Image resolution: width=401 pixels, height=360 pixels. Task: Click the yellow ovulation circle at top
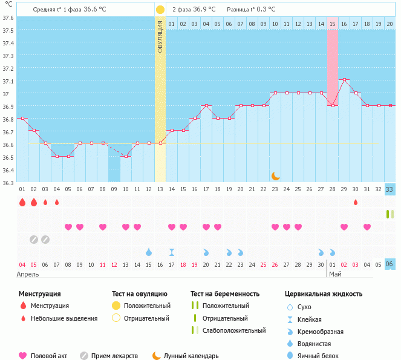pyautogui.click(x=160, y=10)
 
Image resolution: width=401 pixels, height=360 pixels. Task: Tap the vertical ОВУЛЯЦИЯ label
pyautogui.click(x=160, y=36)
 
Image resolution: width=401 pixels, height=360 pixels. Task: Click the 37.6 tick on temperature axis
pyautogui.click(x=8, y=17)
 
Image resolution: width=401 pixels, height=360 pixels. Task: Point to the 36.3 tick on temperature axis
pyautogui.click(x=8, y=182)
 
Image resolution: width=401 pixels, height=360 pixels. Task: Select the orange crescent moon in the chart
pyautogui.click(x=275, y=175)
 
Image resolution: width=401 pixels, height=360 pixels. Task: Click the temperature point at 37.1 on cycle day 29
pyautogui.click(x=344, y=79)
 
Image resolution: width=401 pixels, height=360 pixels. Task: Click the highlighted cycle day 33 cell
pyautogui.click(x=390, y=189)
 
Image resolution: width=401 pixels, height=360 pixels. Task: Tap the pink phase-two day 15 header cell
pyautogui.click(x=333, y=24)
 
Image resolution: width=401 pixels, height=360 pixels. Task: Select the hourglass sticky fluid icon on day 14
pyautogui.click(x=172, y=252)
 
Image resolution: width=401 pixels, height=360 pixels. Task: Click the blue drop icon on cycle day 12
pyautogui.click(x=149, y=252)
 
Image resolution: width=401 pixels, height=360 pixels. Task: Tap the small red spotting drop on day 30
pyautogui.click(x=356, y=202)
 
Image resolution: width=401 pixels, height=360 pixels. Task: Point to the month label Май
pyautogui.click(x=335, y=275)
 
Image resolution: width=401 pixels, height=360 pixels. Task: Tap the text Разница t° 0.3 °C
pyautogui.click(x=251, y=10)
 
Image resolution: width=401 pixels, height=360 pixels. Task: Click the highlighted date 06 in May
pyautogui.click(x=390, y=264)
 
